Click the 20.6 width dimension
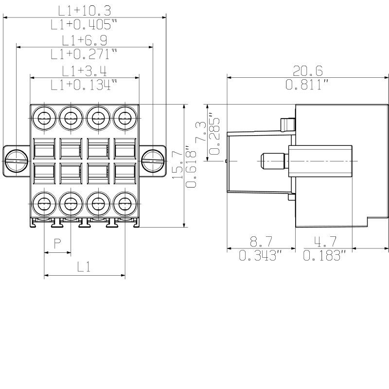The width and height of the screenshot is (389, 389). [x=308, y=70]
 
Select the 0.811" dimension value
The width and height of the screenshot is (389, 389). [x=308, y=85]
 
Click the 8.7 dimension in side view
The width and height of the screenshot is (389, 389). [x=261, y=241]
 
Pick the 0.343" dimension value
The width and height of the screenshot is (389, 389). [x=261, y=255]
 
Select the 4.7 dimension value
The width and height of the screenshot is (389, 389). [x=324, y=241]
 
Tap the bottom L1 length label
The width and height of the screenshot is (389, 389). [x=84, y=266]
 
